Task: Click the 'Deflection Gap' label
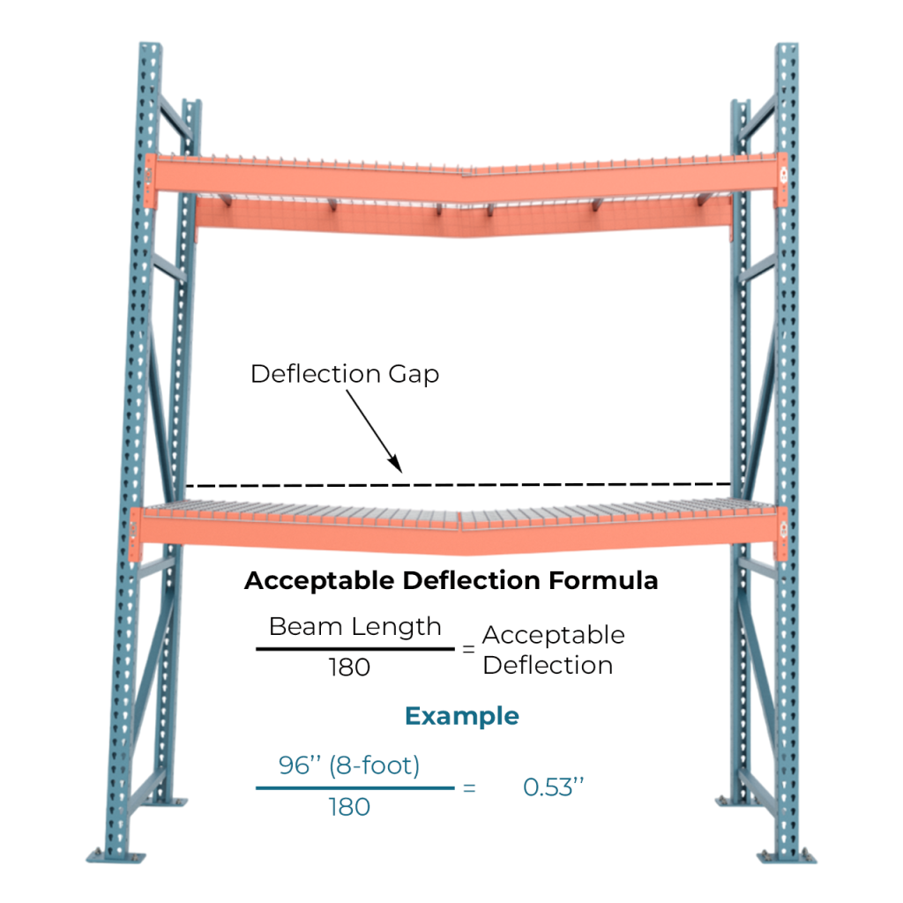[344, 373]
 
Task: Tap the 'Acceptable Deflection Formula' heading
[451, 581]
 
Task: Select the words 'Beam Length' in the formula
[354, 627]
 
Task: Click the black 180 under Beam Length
[349, 668]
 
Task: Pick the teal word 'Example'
[461, 715]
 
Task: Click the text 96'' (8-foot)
[349, 765]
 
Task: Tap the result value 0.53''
[555, 787]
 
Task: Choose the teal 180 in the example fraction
[349, 806]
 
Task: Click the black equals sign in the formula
[468, 649]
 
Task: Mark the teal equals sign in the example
[468, 787]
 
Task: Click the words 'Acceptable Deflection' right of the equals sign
[553, 650]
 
